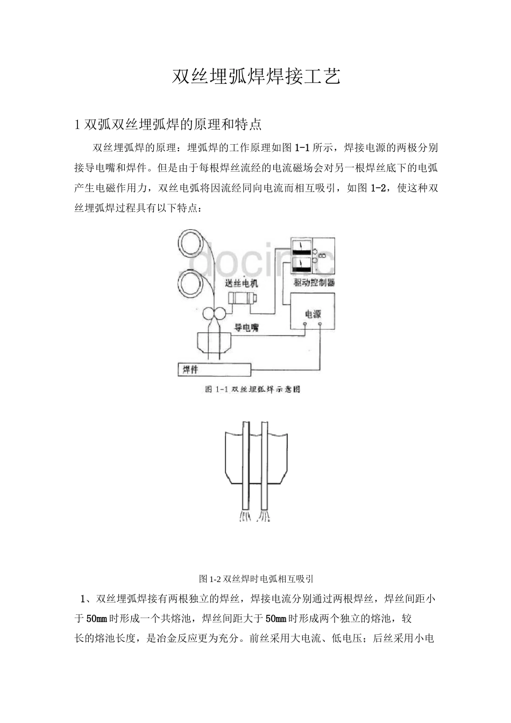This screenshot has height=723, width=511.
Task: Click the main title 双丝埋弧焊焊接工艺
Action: (256, 77)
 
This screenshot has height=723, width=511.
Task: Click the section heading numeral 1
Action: (77, 125)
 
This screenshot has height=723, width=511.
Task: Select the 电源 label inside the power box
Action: (313, 314)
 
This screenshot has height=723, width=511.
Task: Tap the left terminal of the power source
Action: (304, 324)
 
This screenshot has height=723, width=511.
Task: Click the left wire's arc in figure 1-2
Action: (245, 516)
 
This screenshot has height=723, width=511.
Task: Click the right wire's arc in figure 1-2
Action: (264, 516)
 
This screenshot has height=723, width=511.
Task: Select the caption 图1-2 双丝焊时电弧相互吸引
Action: (256, 579)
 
